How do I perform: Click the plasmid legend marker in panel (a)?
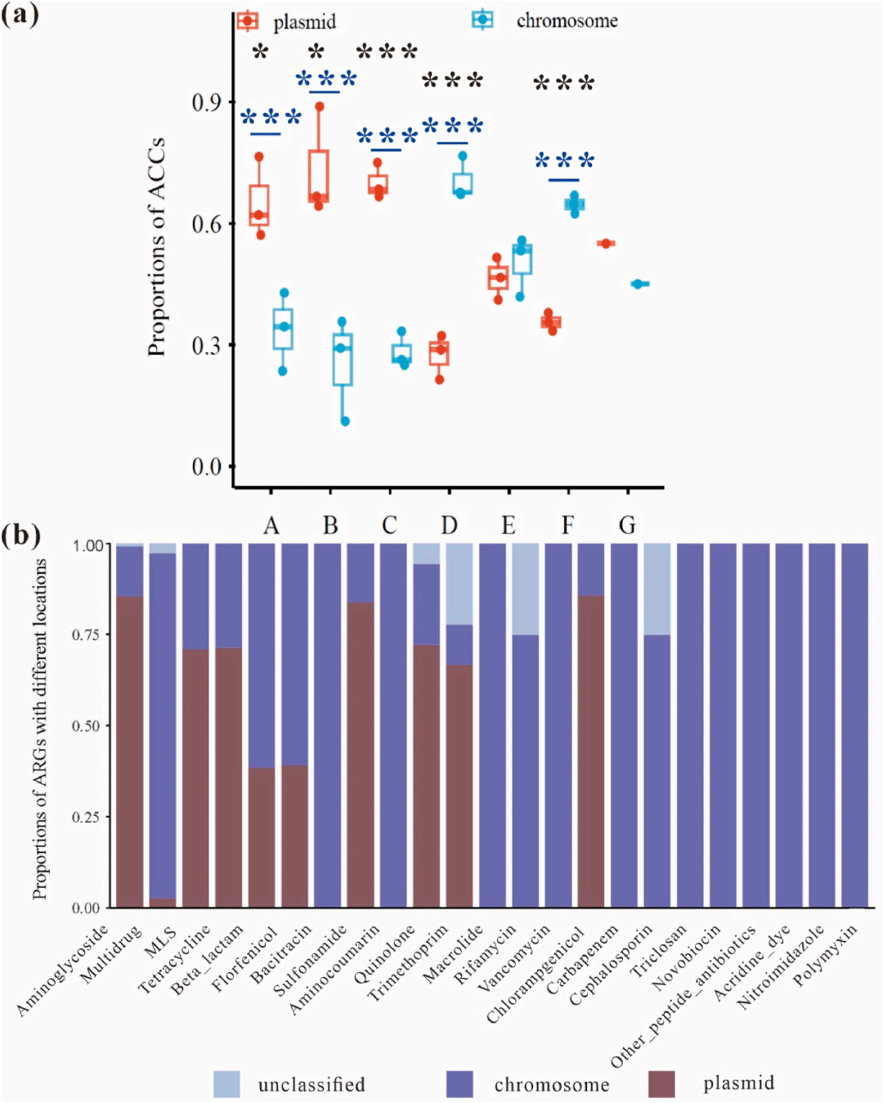(247, 20)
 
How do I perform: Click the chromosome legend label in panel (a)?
(567, 21)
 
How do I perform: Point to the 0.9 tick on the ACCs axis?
(206, 102)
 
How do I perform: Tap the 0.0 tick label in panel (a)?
(206, 467)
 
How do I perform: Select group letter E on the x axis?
(509, 525)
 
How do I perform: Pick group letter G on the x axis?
(627, 525)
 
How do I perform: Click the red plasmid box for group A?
(259, 204)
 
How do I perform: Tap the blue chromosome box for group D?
(463, 184)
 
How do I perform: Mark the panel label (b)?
(21, 535)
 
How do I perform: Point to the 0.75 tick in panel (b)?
(87, 634)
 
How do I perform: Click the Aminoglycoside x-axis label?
(64, 971)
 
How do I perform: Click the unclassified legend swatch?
(226, 1084)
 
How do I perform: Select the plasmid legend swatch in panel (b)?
(661, 1084)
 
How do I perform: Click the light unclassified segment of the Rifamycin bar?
(525, 589)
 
